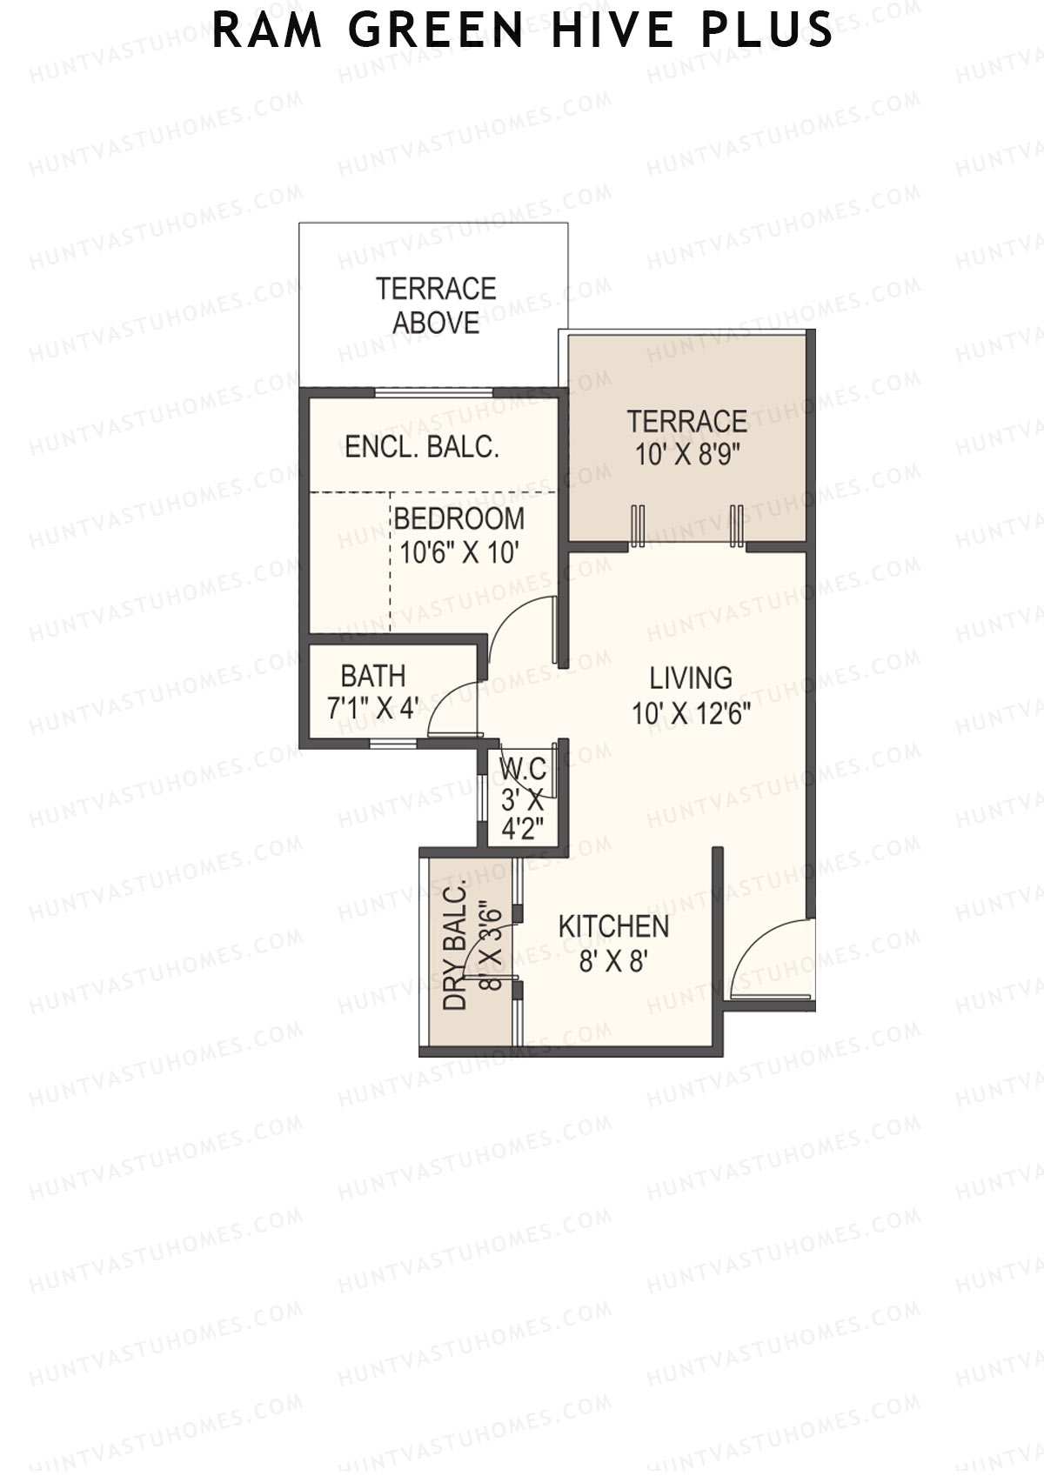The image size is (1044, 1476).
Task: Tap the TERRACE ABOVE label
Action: (x=436, y=306)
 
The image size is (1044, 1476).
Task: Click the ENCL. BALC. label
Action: (x=422, y=447)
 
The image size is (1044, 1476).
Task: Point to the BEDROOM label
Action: (x=459, y=519)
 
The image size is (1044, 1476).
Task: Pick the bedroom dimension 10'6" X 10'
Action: (x=457, y=553)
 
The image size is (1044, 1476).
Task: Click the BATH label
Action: (x=373, y=676)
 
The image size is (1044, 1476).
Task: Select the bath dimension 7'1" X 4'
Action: (x=373, y=709)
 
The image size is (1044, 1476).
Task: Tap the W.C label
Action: (x=524, y=768)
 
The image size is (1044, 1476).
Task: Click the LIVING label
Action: (x=691, y=678)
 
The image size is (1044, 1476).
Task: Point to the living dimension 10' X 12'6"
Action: (x=691, y=712)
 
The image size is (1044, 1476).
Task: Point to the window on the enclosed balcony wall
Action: (x=433, y=393)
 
